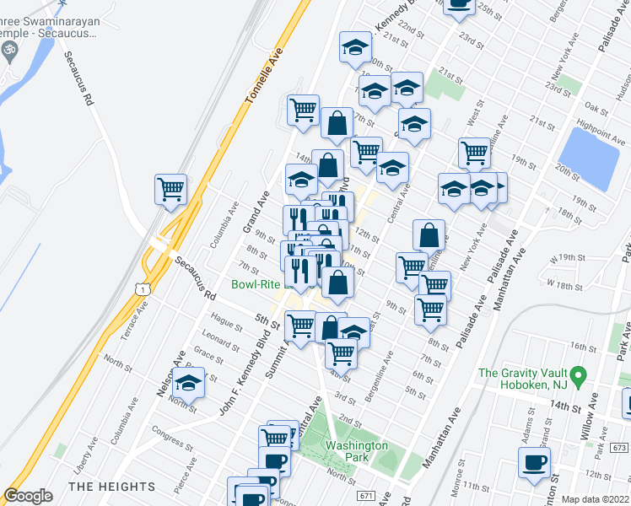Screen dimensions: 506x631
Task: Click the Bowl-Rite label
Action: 256,284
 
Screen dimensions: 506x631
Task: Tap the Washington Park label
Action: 356,452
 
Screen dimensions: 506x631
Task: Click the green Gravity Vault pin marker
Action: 577,373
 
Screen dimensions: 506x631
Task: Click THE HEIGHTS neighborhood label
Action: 111,487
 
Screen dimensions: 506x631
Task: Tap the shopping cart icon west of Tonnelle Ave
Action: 171,189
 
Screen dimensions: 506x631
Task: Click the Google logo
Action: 29,496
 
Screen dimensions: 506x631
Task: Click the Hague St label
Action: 227,321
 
